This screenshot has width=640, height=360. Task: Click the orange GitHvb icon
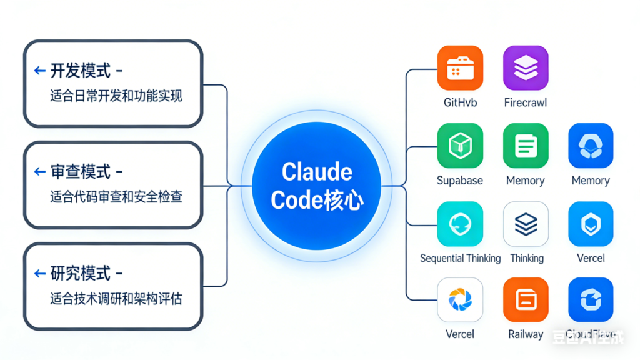pyautogui.click(x=460, y=68)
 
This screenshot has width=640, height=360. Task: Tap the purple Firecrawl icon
pyautogui.click(x=526, y=68)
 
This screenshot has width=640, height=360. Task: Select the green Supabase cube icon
pyautogui.click(x=460, y=146)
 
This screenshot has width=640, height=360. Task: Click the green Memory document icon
pyautogui.click(x=526, y=146)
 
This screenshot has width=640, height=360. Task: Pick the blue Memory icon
pyautogui.click(x=591, y=146)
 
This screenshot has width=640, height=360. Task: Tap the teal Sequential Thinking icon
pyautogui.click(x=460, y=224)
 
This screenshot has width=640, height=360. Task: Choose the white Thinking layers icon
pyautogui.click(x=526, y=224)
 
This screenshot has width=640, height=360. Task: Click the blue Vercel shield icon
pyautogui.click(x=591, y=224)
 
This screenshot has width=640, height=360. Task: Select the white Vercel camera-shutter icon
pyautogui.click(x=460, y=300)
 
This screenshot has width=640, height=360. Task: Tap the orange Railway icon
pyautogui.click(x=526, y=300)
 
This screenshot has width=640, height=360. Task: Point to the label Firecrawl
pyautogui.click(x=526, y=102)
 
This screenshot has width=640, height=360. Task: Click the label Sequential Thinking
pyautogui.click(x=460, y=258)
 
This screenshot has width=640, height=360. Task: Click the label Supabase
pyautogui.click(x=460, y=181)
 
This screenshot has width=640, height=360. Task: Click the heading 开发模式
pyautogui.click(x=81, y=71)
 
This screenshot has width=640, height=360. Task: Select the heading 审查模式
pyautogui.click(x=81, y=171)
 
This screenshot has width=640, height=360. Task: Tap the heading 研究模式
pyautogui.click(x=81, y=273)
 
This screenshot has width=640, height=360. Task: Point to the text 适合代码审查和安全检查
pyautogui.click(x=116, y=197)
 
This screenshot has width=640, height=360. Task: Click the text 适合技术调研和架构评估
pyautogui.click(x=116, y=299)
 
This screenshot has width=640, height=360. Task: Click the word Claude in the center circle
pyautogui.click(x=317, y=172)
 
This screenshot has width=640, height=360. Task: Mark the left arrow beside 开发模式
pyautogui.click(x=40, y=71)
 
